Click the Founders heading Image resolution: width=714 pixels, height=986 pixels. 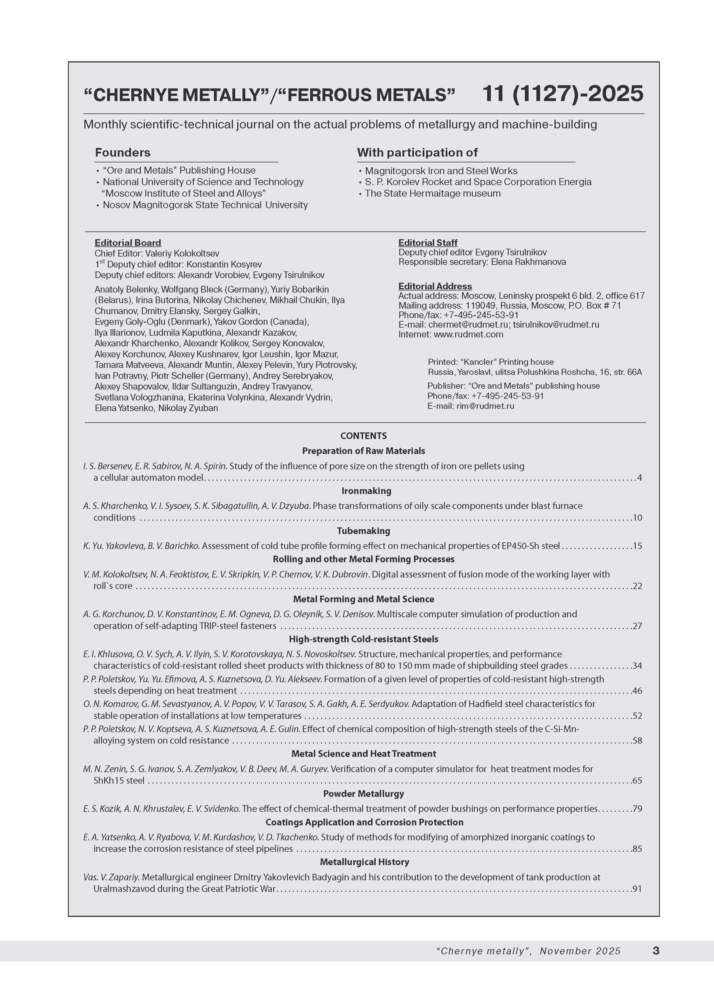click(x=123, y=153)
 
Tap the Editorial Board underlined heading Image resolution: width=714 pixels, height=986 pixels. click(x=128, y=243)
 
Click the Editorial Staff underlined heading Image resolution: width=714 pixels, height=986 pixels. click(x=428, y=243)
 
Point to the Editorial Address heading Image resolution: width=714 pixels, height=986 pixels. click(x=435, y=286)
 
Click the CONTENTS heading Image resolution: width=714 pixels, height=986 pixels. click(x=364, y=436)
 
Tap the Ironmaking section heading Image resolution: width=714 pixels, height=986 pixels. click(x=366, y=491)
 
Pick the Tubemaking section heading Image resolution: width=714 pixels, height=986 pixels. click(x=364, y=531)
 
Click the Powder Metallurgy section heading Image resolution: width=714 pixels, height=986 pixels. click(x=364, y=794)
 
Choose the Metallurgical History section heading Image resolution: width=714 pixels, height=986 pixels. click(x=364, y=862)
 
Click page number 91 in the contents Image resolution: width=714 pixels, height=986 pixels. click(x=637, y=889)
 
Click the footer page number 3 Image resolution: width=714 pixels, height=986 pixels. click(x=656, y=951)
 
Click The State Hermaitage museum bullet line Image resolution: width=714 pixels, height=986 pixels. click(x=433, y=193)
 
